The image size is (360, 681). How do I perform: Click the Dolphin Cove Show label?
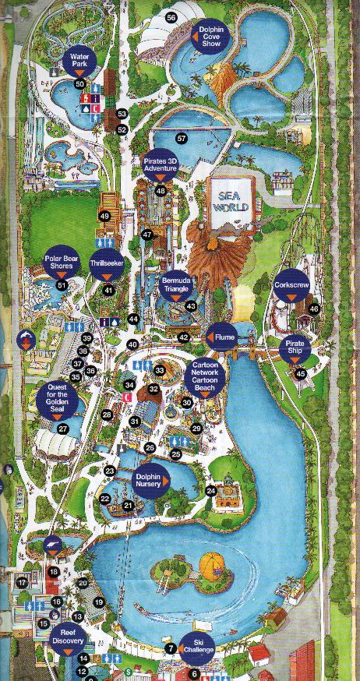pyautogui.click(x=211, y=36)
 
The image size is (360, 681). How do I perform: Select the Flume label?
pyautogui.click(x=222, y=337)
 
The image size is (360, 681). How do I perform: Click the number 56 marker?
pyautogui.click(x=171, y=17)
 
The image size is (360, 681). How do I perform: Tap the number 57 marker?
pyautogui.click(x=182, y=138)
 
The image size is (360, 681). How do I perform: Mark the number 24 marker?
pyautogui.click(x=210, y=491)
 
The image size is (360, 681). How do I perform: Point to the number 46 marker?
pyautogui.click(x=314, y=309)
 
